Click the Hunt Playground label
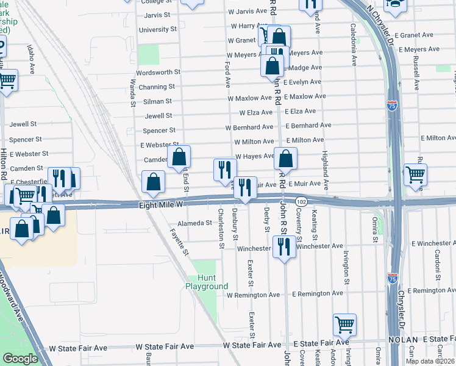coord(207,282)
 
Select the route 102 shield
coord(301,201)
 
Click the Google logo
coord(20,359)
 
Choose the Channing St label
coord(157,87)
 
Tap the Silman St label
coord(157,101)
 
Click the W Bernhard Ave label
coord(249,127)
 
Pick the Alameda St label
coord(190,223)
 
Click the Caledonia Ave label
coord(352,45)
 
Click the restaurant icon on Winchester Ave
coord(283,246)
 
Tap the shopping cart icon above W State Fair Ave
coord(344,325)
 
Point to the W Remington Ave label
coord(252,295)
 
